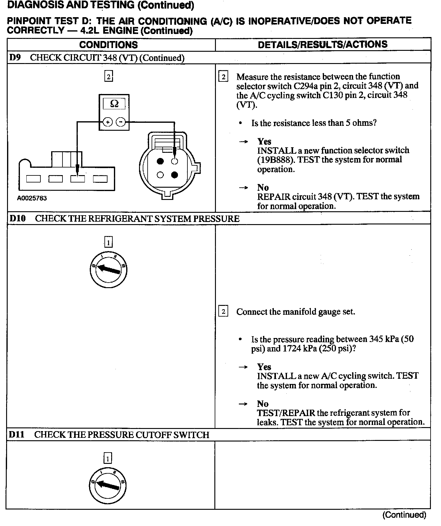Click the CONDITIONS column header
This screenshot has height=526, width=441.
(108, 45)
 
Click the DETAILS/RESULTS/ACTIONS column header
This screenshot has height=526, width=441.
(322, 44)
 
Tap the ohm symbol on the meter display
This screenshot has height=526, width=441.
(114, 104)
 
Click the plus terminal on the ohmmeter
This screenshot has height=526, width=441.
(107, 122)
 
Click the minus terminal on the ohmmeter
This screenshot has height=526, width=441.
(121, 122)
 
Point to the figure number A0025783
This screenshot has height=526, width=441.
(32, 198)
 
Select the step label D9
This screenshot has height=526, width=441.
(15, 58)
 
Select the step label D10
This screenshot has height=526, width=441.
(17, 218)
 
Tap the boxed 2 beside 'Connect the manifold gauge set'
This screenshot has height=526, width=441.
(223, 312)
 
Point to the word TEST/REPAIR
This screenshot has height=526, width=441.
(286, 413)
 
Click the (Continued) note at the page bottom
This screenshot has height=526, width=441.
(404, 515)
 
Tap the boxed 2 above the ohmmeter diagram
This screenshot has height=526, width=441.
(108, 76)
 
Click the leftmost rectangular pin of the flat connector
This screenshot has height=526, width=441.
(33, 178)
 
